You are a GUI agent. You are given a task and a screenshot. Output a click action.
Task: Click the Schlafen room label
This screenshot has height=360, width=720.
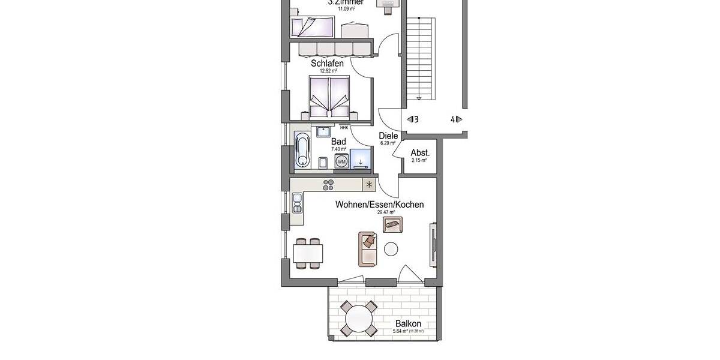pos(327,62)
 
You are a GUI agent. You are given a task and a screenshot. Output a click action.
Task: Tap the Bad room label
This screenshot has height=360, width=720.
pos(338,141)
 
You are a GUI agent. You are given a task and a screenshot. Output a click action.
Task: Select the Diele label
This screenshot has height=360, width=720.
pos(388,136)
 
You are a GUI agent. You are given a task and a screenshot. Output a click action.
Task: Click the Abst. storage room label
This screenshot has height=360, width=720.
pos(419,152)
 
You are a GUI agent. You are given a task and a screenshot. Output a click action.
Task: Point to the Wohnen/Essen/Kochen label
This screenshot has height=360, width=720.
pos(379,205)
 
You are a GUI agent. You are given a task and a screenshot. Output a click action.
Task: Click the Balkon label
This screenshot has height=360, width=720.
pos(407,323)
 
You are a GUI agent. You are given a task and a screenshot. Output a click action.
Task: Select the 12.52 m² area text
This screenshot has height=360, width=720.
pos(328,71)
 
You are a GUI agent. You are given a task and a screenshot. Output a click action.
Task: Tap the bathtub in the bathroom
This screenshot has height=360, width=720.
pos(302,150)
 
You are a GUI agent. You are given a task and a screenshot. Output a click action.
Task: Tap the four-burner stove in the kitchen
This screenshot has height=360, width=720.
pos(328,185)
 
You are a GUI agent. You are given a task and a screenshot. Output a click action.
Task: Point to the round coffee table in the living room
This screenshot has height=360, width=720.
pos(391,248)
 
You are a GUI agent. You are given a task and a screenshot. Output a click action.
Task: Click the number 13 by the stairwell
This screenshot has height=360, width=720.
pos(413,119)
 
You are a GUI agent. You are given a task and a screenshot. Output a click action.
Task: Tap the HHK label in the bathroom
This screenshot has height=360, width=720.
pos(344,127)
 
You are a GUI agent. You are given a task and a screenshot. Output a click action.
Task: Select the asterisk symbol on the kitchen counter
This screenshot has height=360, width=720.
pos(369,185)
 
